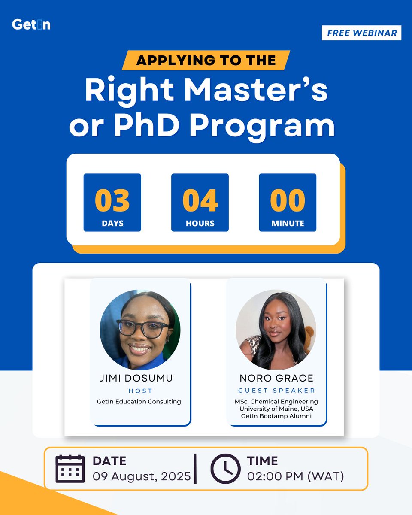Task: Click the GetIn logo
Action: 31,25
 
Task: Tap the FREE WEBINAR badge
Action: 361,33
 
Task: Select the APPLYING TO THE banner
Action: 206,60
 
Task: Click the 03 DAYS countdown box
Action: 112,203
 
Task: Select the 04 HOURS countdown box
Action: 200,203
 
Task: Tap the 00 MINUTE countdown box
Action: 288,203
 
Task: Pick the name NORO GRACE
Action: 276,379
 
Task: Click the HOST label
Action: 140,391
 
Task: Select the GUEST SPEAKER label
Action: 276,391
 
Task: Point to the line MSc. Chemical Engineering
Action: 276,402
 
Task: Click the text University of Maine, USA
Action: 276,409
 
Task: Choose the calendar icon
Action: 70,468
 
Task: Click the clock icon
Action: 225,468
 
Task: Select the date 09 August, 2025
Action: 142,476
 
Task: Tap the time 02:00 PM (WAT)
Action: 295,476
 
